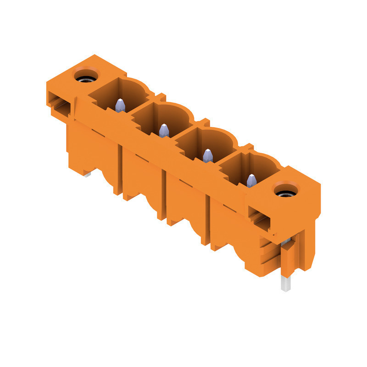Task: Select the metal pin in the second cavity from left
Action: (x=164, y=131)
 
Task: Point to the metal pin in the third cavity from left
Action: (x=208, y=156)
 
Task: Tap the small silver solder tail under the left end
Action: (x=87, y=174)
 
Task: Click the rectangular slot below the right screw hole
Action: (x=259, y=217)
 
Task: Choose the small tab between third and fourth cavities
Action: (x=248, y=147)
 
